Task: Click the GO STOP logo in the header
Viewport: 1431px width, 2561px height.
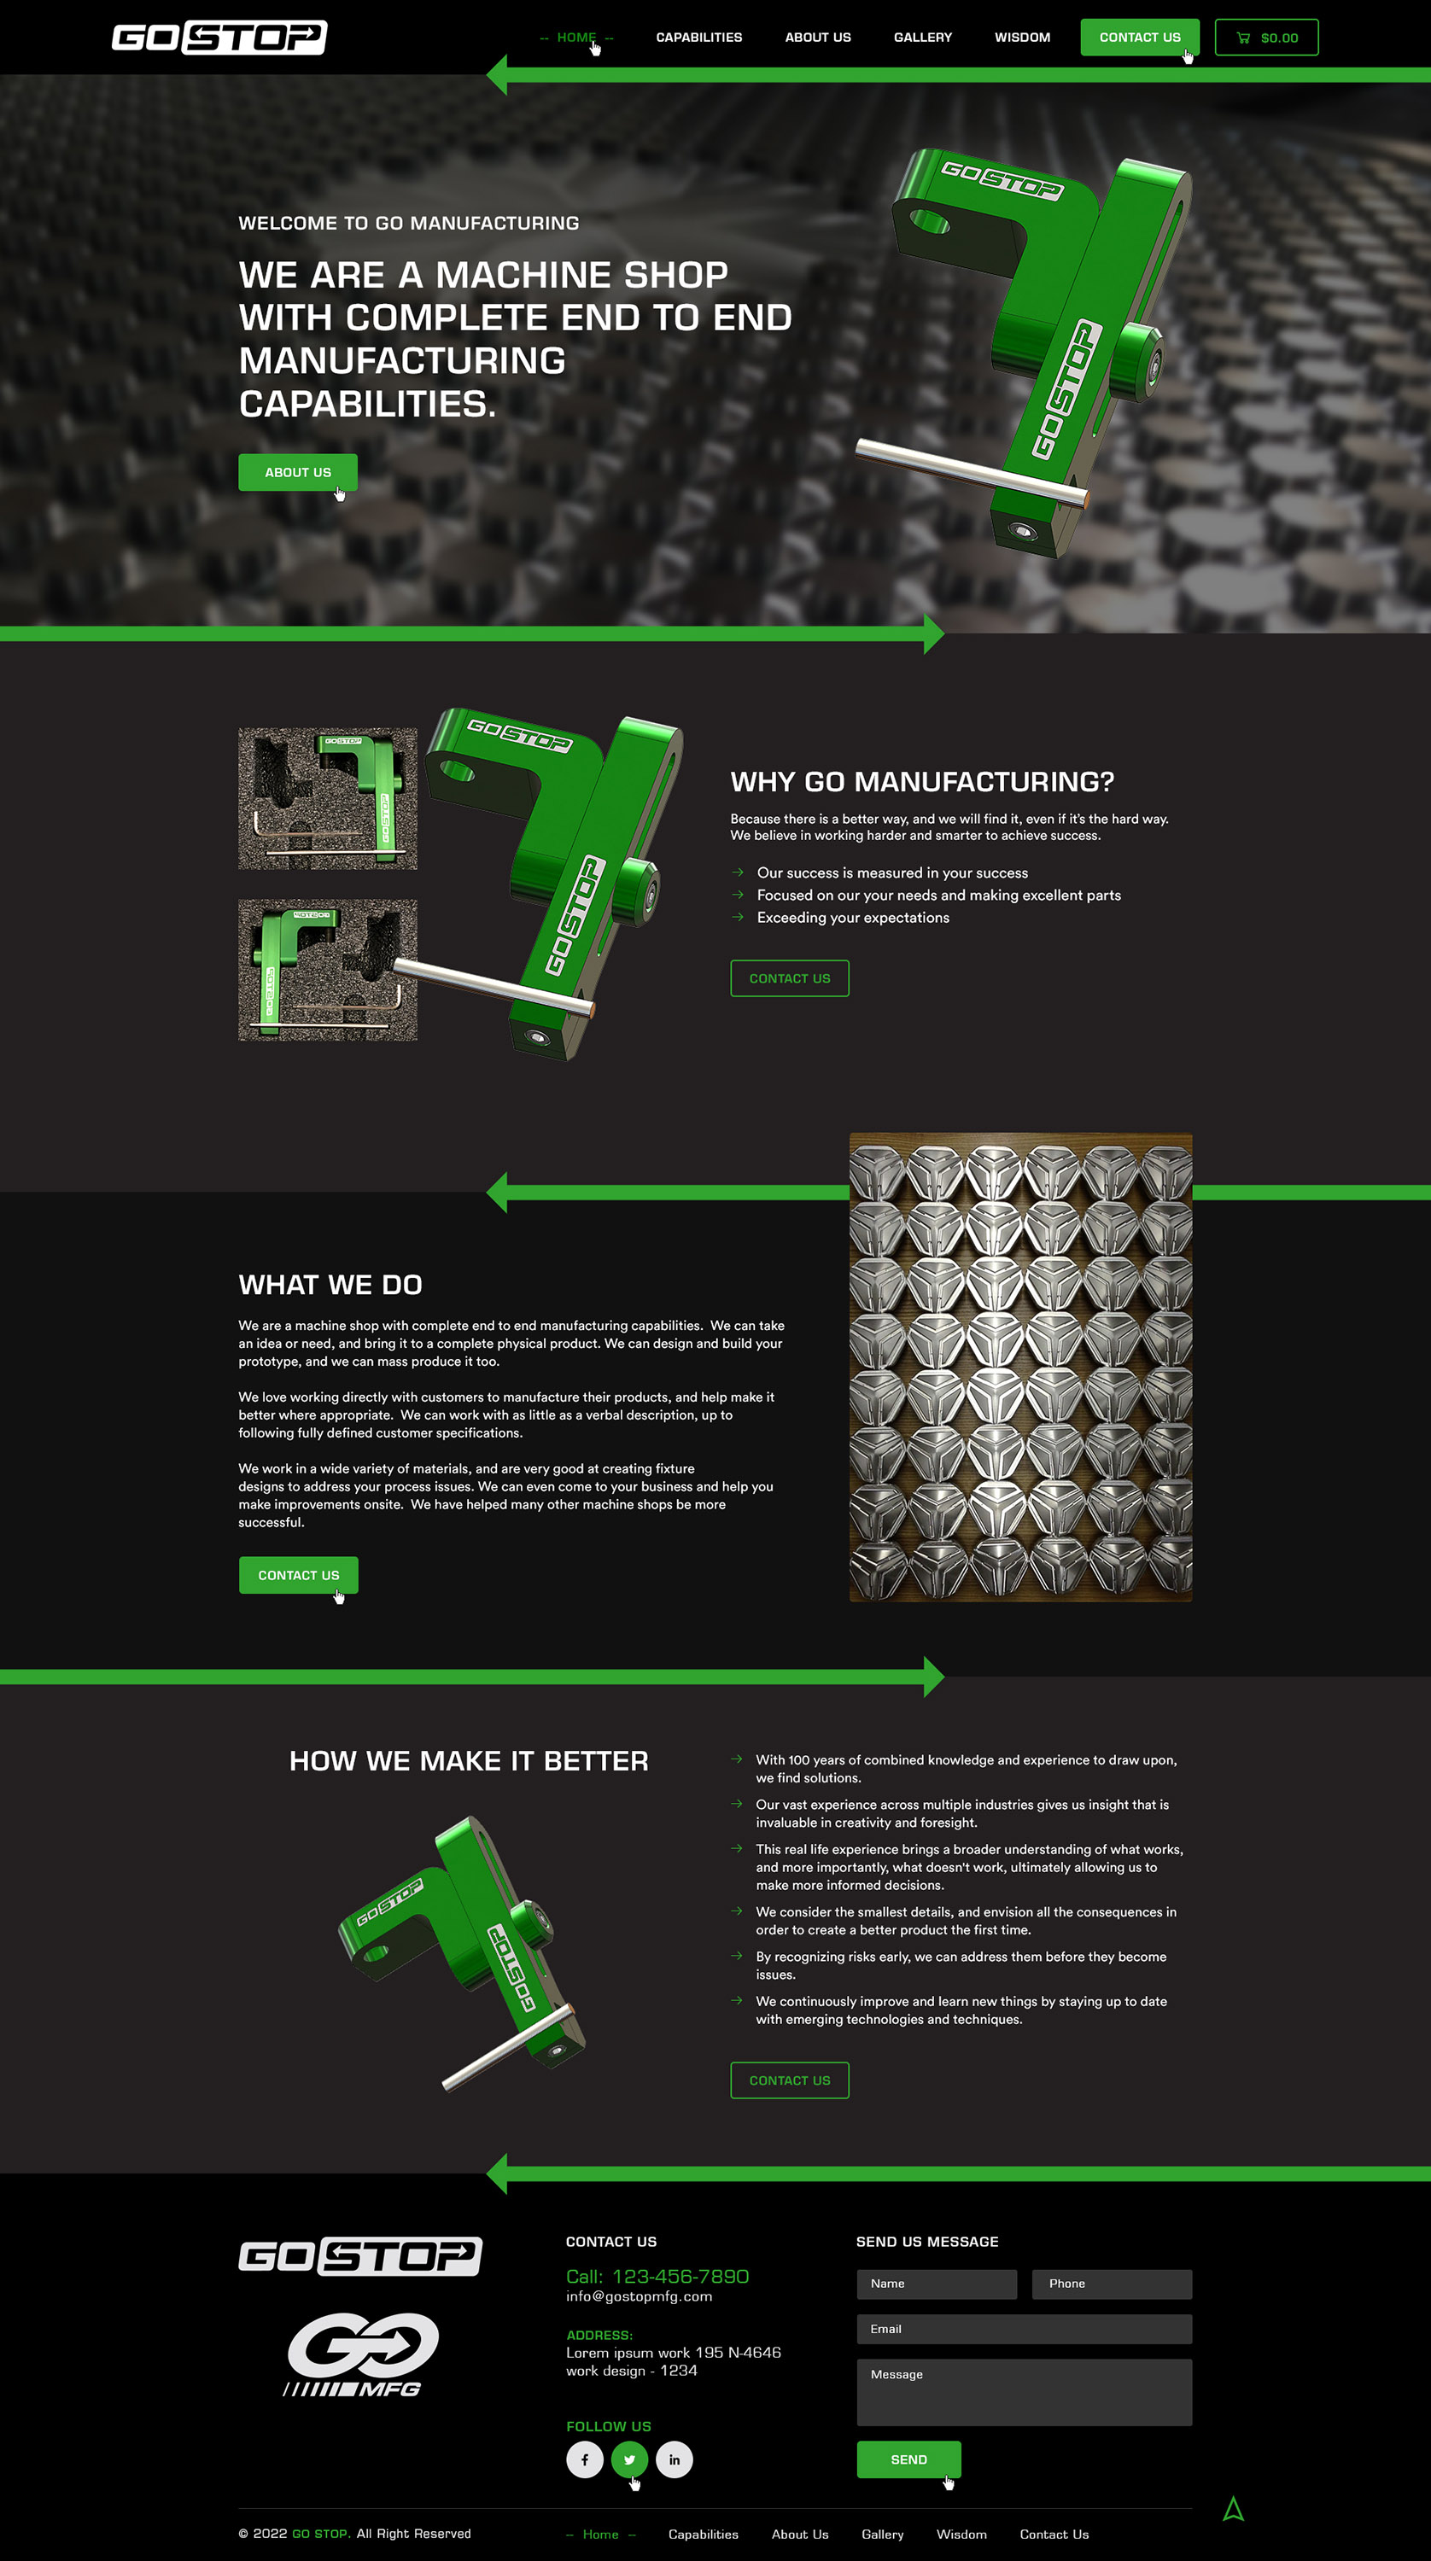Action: click(219, 38)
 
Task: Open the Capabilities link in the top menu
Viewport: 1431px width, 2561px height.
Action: click(698, 38)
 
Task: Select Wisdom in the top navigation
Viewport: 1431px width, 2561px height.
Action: click(1021, 38)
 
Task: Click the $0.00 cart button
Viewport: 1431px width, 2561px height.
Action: click(1266, 38)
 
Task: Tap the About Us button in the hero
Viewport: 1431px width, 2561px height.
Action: click(297, 472)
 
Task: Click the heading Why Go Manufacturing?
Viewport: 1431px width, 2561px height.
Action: click(921, 781)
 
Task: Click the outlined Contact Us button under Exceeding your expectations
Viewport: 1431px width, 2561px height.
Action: click(789, 978)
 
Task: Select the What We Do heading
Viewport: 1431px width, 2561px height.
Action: click(330, 1285)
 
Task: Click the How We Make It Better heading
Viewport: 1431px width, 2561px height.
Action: click(469, 1760)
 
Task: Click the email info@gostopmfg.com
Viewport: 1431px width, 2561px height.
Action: click(639, 2296)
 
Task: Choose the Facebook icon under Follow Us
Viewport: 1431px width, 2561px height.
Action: click(584, 2459)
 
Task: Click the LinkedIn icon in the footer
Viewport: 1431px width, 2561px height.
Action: click(674, 2459)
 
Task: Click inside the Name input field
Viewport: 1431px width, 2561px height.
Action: click(936, 2284)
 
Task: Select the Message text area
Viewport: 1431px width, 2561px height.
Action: click(1023, 2393)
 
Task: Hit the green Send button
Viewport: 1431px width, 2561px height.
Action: click(908, 2459)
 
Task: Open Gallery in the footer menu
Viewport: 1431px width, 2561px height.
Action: click(882, 2535)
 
